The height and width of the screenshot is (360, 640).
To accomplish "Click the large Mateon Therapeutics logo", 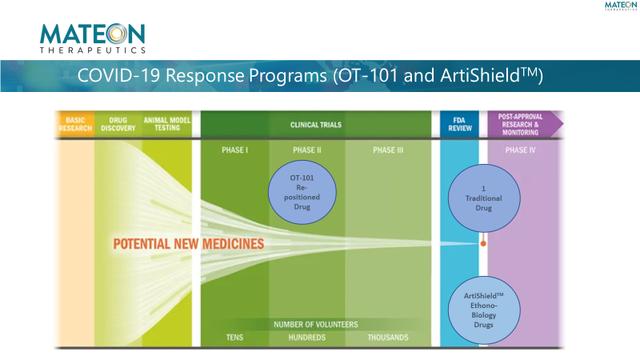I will pyautogui.click(x=93, y=38).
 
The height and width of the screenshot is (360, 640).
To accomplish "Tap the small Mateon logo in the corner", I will pyautogui.click(x=621, y=6).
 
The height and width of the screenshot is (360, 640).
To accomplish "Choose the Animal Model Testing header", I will pyautogui.click(x=167, y=125).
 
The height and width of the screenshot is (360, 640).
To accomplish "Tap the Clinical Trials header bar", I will pyautogui.click(x=315, y=125).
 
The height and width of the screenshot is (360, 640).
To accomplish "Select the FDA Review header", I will pyautogui.click(x=459, y=125).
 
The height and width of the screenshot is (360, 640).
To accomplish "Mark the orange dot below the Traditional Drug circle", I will pyautogui.click(x=482, y=241).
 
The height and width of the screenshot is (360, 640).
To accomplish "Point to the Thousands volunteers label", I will pyautogui.click(x=388, y=338).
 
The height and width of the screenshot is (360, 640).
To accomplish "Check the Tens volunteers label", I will pyautogui.click(x=234, y=338).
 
